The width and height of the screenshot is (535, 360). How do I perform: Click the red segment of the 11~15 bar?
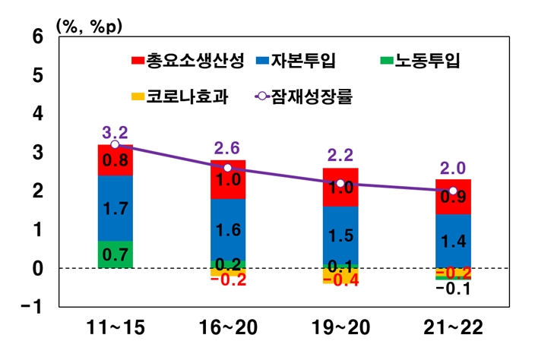115,160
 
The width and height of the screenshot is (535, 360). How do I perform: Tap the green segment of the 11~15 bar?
115,254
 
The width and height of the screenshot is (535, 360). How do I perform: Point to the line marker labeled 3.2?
115,144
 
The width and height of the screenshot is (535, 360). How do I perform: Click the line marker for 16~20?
228,168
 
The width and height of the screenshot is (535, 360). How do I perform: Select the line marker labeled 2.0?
453,191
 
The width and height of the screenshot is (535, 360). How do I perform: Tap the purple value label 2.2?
340,156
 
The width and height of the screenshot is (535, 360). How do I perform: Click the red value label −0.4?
340,281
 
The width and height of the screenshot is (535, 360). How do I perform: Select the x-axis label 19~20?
340,329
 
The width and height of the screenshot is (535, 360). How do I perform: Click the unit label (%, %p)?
89,25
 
